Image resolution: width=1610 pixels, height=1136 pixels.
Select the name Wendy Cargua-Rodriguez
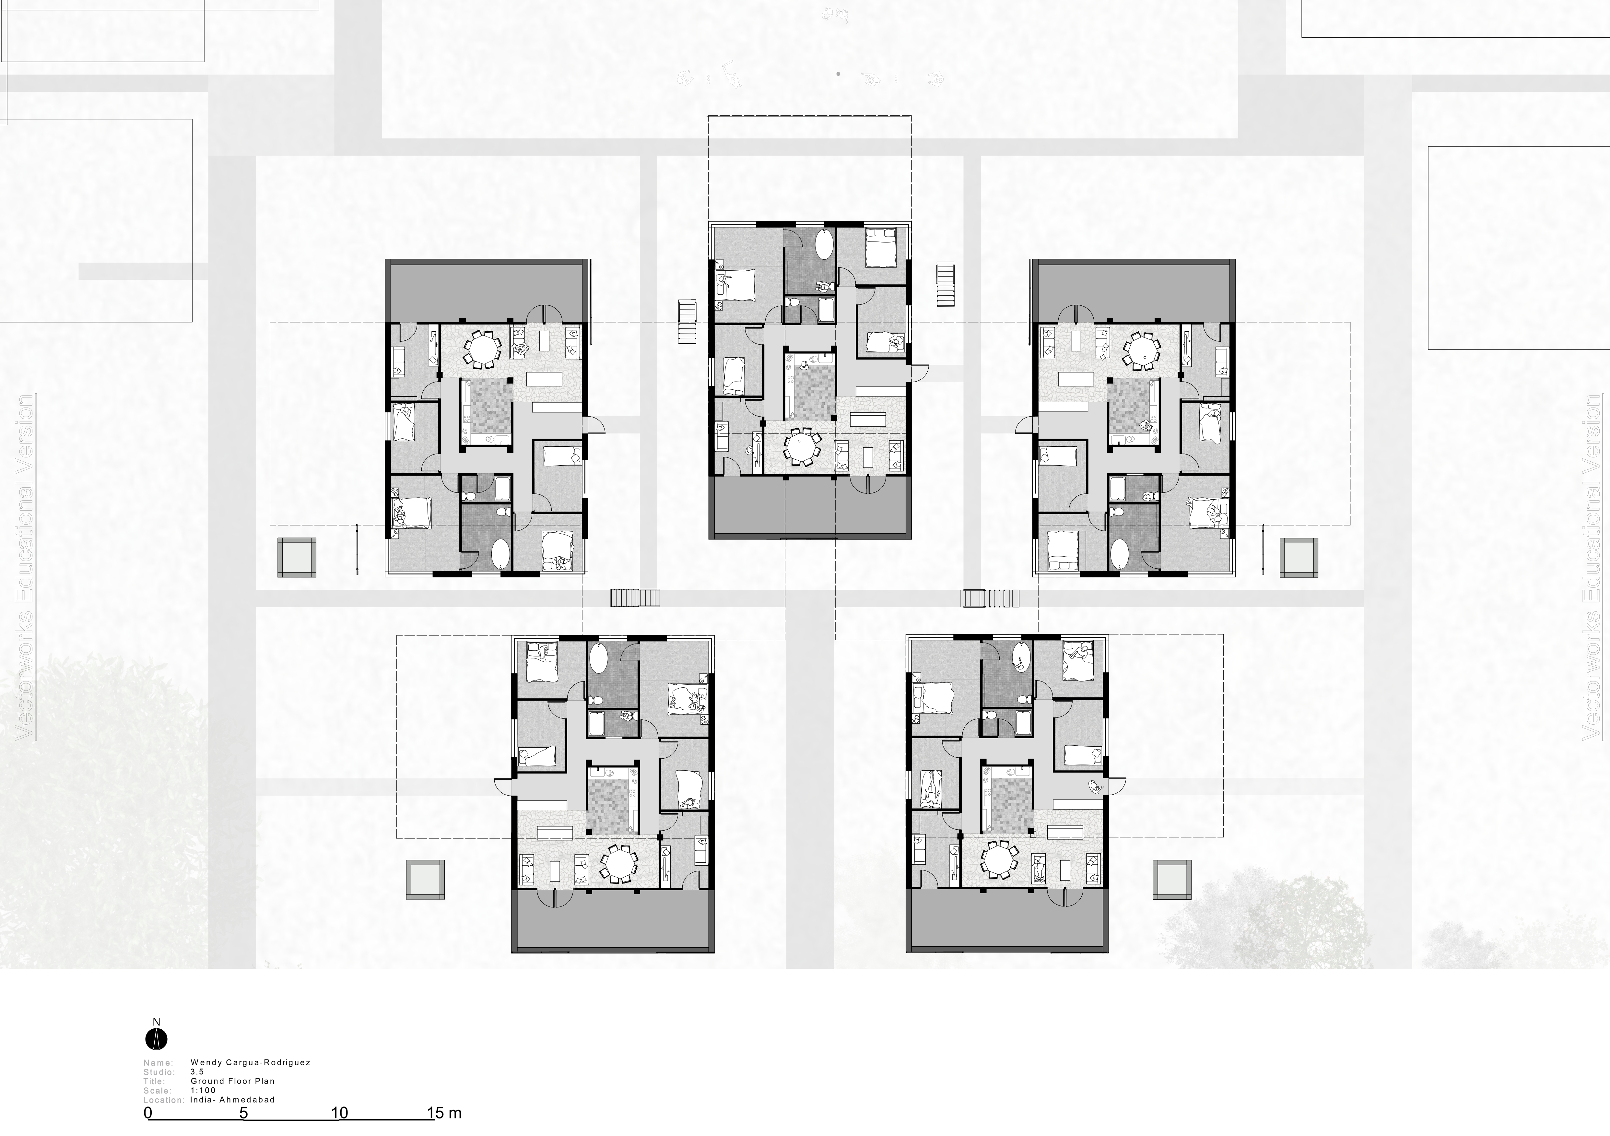(x=250, y=1062)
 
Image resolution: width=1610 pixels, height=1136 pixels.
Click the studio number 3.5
(x=197, y=1071)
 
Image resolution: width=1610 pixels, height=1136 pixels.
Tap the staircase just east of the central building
(x=946, y=284)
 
